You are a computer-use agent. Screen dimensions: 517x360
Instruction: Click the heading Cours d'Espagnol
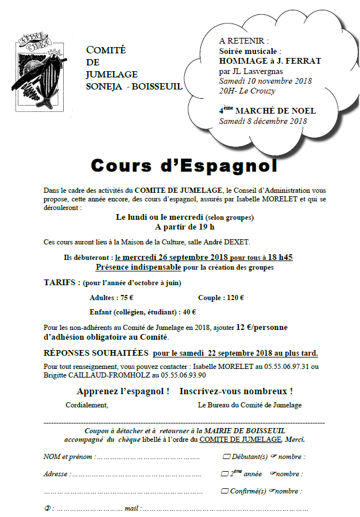184,166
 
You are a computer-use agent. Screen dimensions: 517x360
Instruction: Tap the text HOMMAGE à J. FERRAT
270,61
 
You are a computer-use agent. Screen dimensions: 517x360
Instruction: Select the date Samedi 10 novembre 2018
265,81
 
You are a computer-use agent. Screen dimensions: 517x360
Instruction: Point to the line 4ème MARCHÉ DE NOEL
267,111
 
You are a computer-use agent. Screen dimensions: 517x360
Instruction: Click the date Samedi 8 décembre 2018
263,121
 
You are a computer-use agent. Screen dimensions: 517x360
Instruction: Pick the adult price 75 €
127,298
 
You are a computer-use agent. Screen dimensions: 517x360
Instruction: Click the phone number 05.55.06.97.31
285,367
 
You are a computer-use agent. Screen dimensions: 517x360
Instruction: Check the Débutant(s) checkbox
226,457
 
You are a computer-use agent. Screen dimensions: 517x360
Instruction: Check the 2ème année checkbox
224,475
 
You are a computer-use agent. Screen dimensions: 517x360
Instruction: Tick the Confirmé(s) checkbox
224,492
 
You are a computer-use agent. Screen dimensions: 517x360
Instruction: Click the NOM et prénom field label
68,457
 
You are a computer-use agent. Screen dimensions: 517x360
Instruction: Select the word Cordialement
87,405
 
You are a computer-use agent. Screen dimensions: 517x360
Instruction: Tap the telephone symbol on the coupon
48,509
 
